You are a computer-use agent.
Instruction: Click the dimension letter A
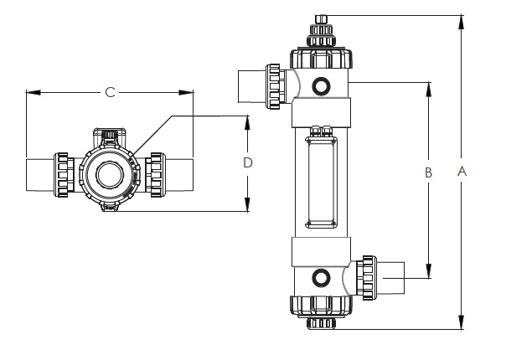point(462,171)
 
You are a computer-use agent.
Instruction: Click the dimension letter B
point(428,172)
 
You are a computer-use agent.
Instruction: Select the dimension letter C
point(110,93)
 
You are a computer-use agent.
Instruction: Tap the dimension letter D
point(247,162)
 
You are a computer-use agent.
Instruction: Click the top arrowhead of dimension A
point(462,23)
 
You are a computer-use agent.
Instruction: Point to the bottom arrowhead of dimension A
point(462,321)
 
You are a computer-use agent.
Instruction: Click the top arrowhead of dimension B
point(429,90)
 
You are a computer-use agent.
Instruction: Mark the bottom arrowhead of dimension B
point(429,270)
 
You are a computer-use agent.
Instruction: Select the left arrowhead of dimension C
point(34,93)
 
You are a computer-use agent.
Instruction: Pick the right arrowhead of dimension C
point(186,93)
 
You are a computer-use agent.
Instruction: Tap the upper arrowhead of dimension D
point(247,123)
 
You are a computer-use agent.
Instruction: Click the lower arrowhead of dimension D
point(247,204)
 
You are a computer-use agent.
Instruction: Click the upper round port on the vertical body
point(321,86)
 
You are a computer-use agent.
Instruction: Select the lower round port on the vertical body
point(321,278)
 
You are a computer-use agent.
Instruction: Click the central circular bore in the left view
point(110,175)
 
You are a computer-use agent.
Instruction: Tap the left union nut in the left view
point(64,175)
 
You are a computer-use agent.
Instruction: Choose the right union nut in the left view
point(155,175)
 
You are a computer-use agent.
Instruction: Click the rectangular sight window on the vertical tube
point(322,183)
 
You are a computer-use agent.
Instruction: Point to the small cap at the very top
point(321,19)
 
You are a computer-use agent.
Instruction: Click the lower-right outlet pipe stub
point(390,278)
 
